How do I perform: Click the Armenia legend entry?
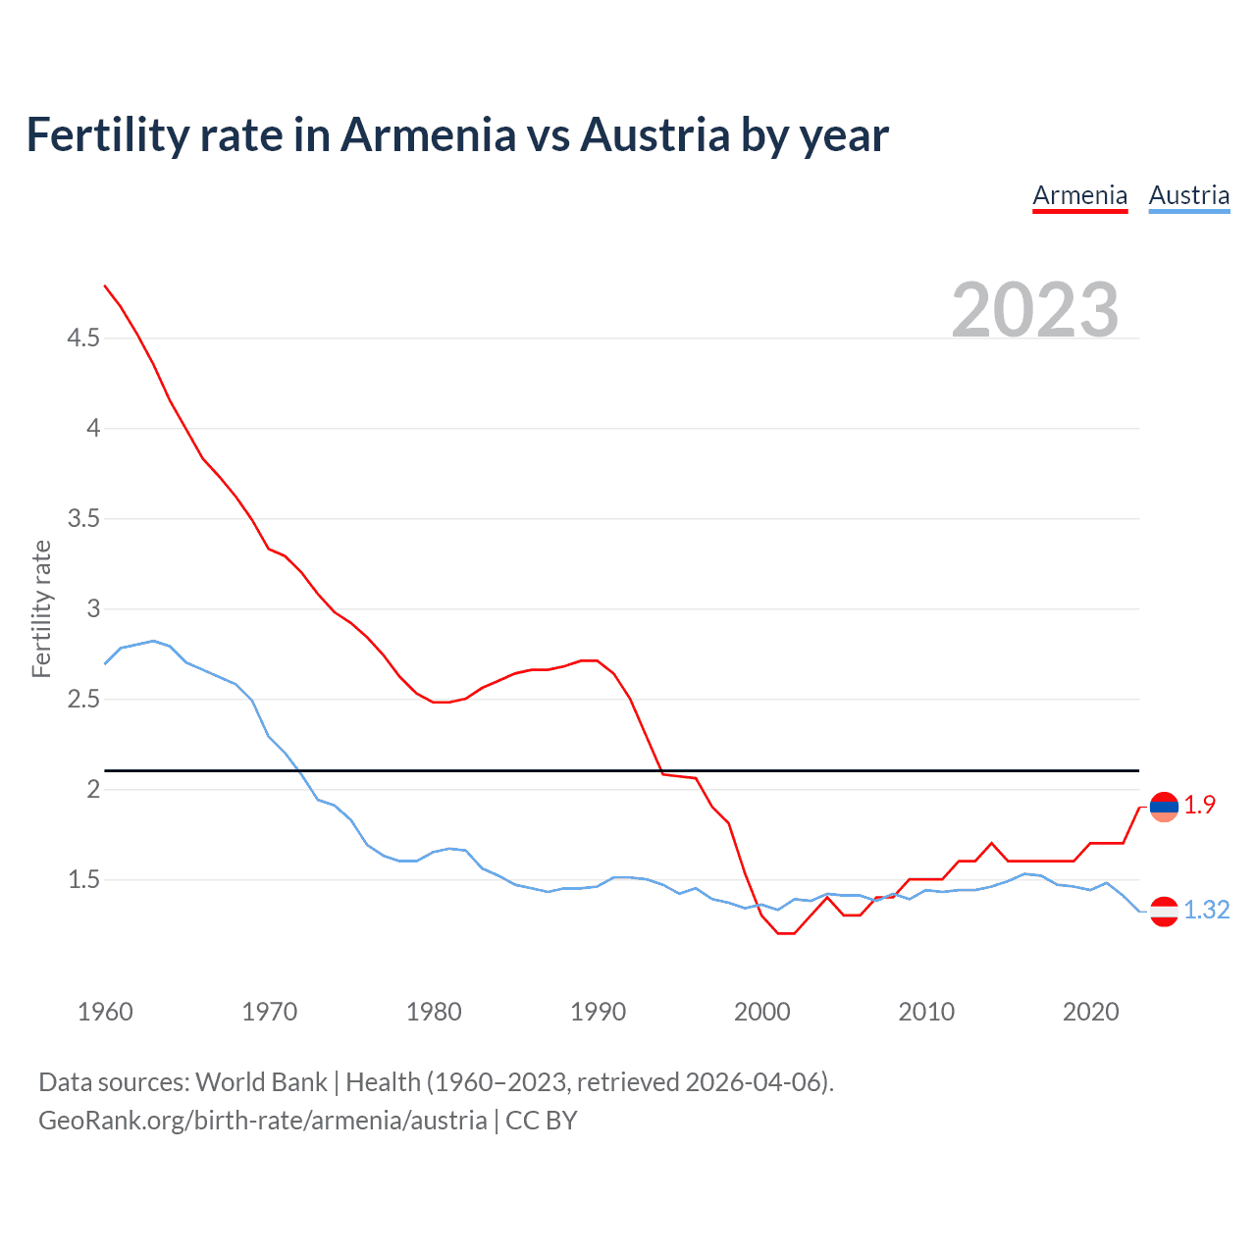point(1079,195)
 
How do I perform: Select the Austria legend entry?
point(1188,195)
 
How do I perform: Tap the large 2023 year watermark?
point(1035,310)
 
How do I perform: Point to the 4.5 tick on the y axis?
point(83,339)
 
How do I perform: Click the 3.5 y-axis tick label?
point(83,519)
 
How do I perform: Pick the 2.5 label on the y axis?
point(83,700)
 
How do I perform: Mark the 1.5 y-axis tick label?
point(83,880)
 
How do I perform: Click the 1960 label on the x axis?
point(105,1012)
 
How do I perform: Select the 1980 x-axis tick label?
point(434,1012)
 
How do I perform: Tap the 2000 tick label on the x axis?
point(762,1012)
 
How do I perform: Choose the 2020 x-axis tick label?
point(1090,1012)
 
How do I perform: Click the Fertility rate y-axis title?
point(41,608)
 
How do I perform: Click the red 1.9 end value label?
point(1199,806)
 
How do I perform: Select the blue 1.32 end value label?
point(1206,911)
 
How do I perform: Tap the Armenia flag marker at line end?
point(1164,807)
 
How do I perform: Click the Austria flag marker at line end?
point(1164,911)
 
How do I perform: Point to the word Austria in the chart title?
point(654,135)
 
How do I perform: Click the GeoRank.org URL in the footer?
point(262,1121)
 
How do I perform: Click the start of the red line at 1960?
point(106,287)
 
